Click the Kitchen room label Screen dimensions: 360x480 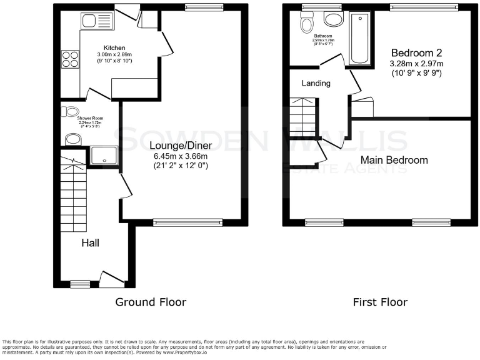pyautogui.click(x=114, y=47)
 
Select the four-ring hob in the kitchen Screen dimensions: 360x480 pyautogui.click(x=69, y=59)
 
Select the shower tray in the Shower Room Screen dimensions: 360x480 pyautogui.click(x=104, y=156)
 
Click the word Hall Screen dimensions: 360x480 pyautogui.click(x=89, y=242)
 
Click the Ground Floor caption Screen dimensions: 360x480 pyautogui.click(x=151, y=302)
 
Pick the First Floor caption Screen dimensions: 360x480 pyautogui.click(x=380, y=302)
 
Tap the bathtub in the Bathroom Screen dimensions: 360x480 pyautogui.click(x=361, y=39)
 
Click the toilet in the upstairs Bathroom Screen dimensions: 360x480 pyautogui.click(x=306, y=24)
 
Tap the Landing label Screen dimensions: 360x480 pyautogui.click(x=316, y=83)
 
